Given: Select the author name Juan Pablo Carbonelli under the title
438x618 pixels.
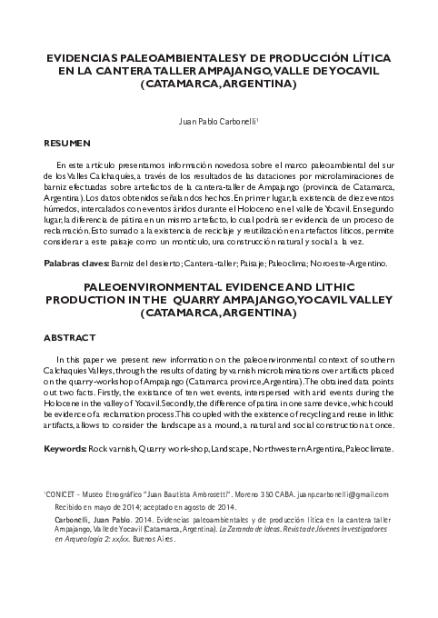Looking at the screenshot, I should click(217, 118).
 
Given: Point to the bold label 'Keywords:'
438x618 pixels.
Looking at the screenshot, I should click(65, 449).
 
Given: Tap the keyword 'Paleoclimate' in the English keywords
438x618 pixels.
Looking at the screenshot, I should click(366, 449).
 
